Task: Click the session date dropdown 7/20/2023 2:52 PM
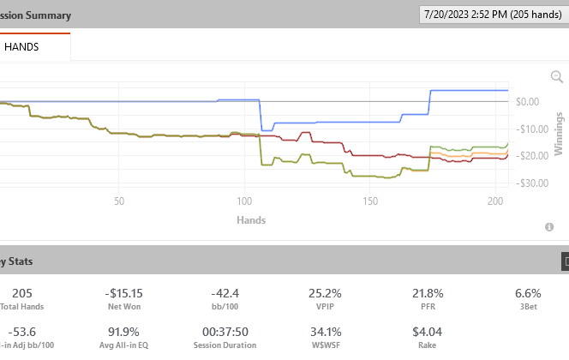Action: pos(491,15)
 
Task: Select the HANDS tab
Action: pos(21,48)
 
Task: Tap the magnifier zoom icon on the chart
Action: pos(556,77)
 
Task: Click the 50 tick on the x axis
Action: pos(119,201)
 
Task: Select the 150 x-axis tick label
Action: pos(369,201)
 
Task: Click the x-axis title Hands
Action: pos(251,220)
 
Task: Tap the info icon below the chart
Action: pos(549,227)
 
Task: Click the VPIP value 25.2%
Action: pos(325,293)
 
